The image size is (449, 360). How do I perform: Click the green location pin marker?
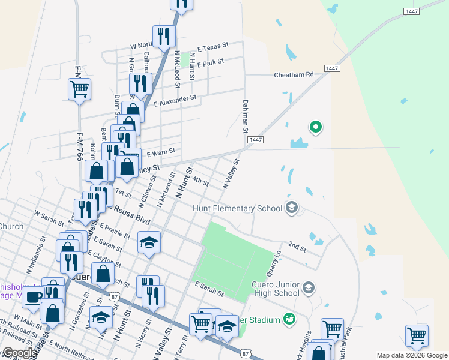315,127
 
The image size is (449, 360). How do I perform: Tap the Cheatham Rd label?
294,75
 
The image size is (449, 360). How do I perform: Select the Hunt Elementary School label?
237,208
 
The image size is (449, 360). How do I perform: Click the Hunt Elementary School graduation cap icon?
292,208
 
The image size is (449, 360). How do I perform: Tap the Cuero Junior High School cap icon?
308,288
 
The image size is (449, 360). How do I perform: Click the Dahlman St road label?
245,116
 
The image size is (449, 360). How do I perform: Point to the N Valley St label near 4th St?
231,174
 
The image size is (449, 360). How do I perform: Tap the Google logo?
19,353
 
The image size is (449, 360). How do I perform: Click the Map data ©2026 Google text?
412,356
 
